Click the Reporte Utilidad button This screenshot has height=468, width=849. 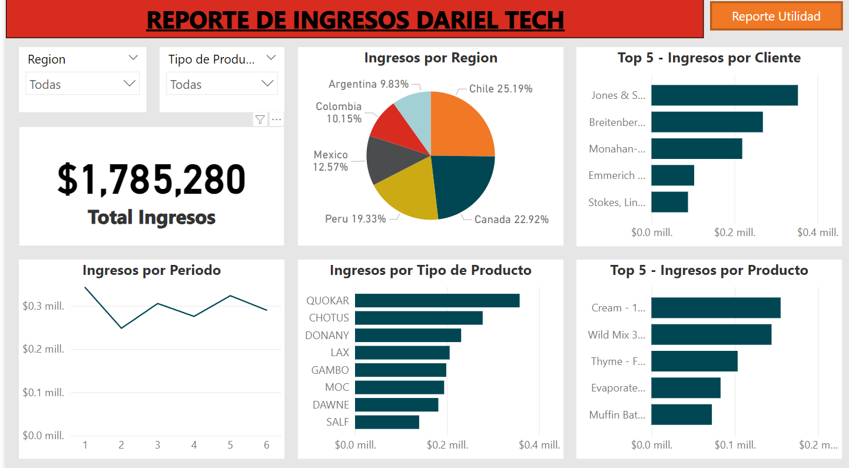pyautogui.click(x=776, y=16)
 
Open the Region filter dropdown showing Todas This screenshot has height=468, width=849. pyautogui.click(x=82, y=84)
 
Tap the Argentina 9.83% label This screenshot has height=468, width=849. pyautogui.click(x=369, y=84)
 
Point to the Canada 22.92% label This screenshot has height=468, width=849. pyautogui.click(x=511, y=220)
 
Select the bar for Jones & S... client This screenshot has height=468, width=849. pyautogui.click(x=724, y=95)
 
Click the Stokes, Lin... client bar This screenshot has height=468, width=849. pyautogui.click(x=669, y=202)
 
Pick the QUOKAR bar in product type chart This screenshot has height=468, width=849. pyautogui.click(x=437, y=300)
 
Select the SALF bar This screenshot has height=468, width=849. pyautogui.click(x=387, y=422)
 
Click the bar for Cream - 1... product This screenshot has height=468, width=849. pyautogui.click(x=715, y=308)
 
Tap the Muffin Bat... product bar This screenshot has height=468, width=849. pyautogui.click(x=681, y=414)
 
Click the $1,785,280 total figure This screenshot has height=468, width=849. pyautogui.click(x=151, y=180)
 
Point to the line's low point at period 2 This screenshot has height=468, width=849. pyautogui.click(x=121, y=328)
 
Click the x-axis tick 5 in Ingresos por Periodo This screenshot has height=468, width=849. pyautogui.click(x=230, y=445)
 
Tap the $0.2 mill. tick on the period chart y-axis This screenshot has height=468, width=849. pyautogui.click(x=43, y=349)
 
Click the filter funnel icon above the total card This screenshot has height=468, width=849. pyautogui.click(x=260, y=120)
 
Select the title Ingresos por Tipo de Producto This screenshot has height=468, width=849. pyautogui.click(x=430, y=270)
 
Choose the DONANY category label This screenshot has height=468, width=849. pyautogui.click(x=327, y=336)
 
